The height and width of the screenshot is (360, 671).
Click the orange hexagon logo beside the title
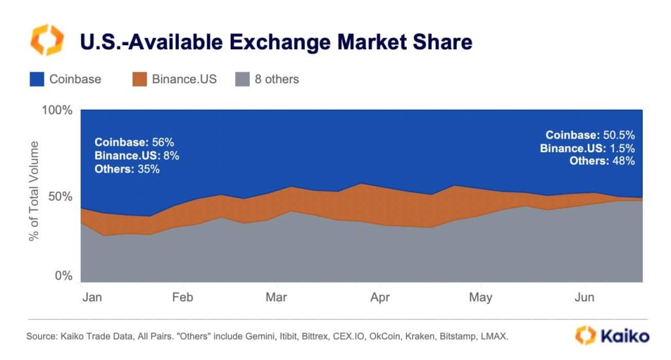click(x=47, y=40)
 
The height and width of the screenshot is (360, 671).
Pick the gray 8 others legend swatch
click(x=241, y=79)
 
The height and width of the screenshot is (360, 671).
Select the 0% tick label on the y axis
click(x=64, y=276)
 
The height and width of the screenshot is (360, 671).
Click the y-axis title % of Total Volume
click(x=34, y=191)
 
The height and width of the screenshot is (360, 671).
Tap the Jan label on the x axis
click(x=92, y=298)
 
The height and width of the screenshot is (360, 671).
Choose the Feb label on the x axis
click(x=183, y=298)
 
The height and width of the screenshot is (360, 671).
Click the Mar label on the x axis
click(x=277, y=298)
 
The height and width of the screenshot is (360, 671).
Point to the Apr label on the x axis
click(x=380, y=298)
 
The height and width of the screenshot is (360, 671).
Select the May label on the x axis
click(x=480, y=298)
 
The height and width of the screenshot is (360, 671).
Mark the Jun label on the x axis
click(x=585, y=298)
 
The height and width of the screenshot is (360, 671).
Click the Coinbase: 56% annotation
click(x=134, y=142)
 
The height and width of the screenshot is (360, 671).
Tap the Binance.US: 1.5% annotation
click(x=587, y=148)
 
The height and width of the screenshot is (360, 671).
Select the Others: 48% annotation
click(x=602, y=161)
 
